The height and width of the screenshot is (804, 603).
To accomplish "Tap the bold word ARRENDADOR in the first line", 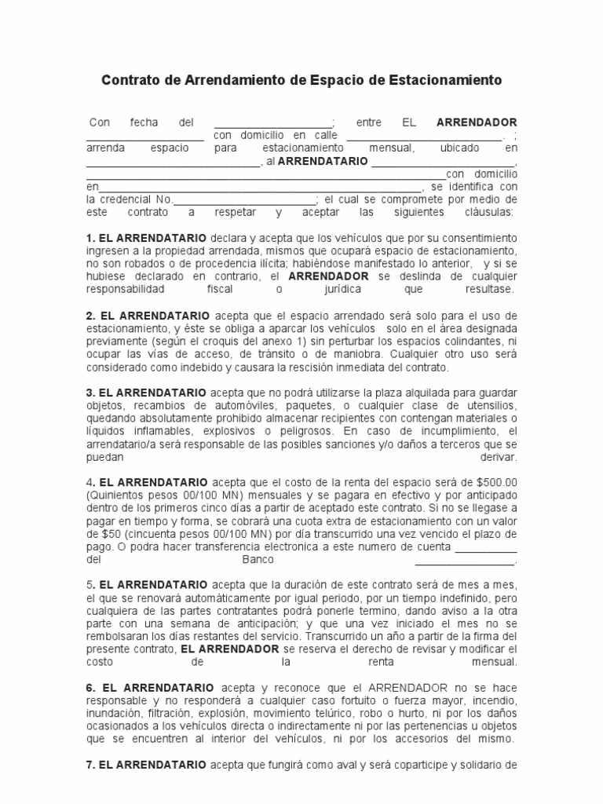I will pos(477,122).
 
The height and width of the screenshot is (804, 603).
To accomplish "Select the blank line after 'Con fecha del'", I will pos(273,124).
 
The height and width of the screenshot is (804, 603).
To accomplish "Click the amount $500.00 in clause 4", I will pos(493,481).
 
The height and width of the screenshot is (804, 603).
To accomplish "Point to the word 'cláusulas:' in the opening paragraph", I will pos(488,212).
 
